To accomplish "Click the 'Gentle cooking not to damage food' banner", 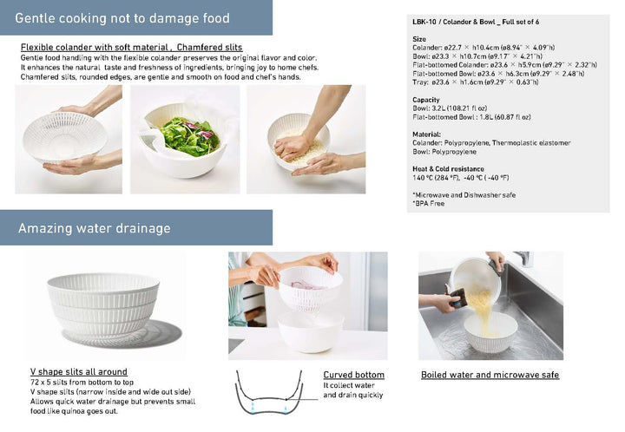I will [x=122, y=18].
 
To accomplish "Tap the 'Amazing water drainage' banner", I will [x=95, y=228].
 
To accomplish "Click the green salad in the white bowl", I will [x=188, y=136].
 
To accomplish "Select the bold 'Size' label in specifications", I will [x=419, y=39].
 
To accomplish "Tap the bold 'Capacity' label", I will [x=426, y=99].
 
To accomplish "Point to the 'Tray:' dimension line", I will [x=475, y=82].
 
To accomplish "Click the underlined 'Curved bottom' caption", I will [x=353, y=375].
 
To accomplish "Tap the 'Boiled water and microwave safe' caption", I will [x=490, y=375].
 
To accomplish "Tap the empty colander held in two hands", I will [x=64, y=135].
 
